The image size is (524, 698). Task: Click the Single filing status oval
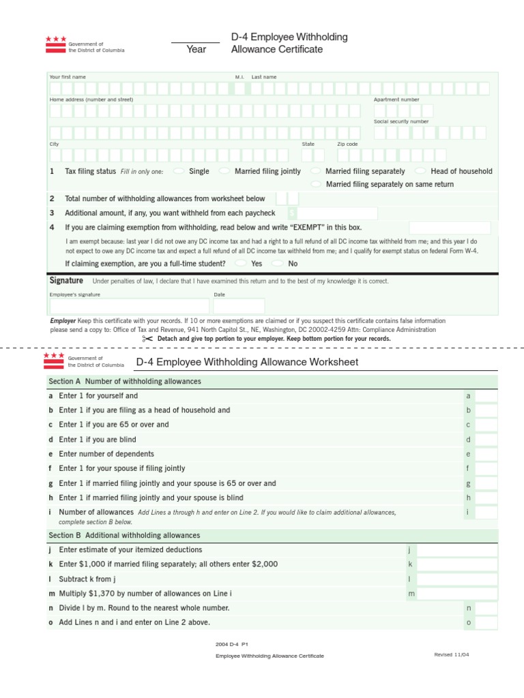click(179, 171)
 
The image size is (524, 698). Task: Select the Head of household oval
click(421, 171)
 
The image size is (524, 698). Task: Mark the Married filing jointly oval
click(224, 171)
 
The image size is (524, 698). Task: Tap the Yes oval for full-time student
click(241, 263)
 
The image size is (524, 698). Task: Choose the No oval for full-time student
click(278, 263)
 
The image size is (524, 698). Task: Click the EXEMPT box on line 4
click(449, 228)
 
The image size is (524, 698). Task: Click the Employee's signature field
click(129, 306)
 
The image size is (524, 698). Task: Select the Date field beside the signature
click(238, 306)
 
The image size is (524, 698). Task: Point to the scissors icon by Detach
click(148, 339)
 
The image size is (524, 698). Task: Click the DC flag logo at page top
click(56, 44)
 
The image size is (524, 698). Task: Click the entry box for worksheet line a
click(486, 396)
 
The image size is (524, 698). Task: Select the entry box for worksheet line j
click(456, 550)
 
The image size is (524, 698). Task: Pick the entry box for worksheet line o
click(486, 622)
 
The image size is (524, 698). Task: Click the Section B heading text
click(123, 536)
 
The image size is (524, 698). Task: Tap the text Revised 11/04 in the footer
click(452, 654)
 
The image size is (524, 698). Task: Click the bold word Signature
click(66, 281)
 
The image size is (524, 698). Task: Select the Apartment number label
click(396, 100)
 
